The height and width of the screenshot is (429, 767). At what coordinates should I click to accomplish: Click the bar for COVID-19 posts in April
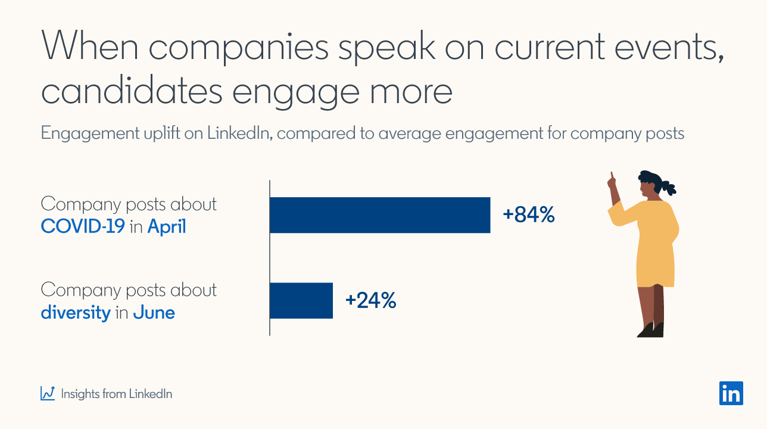(x=380, y=215)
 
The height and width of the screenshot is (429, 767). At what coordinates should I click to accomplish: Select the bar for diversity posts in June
(x=301, y=300)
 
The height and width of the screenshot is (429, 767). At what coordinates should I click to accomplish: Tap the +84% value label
(x=529, y=215)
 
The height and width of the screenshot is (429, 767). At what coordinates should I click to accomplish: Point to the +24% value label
(x=370, y=300)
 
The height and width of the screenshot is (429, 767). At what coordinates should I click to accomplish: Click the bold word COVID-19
(x=83, y=227)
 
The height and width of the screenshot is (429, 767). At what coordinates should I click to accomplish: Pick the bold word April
(x=167, y=227)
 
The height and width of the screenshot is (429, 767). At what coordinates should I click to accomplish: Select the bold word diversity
(x=76, y=312)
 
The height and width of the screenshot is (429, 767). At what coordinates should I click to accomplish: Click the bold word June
(x=154, y=312)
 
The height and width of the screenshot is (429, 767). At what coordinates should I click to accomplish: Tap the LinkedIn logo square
(x=731, y=393)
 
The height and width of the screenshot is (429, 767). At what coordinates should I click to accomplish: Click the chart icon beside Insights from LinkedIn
(x=48, y=393)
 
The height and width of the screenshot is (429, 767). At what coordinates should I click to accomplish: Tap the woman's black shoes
(x=650, y=329)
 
